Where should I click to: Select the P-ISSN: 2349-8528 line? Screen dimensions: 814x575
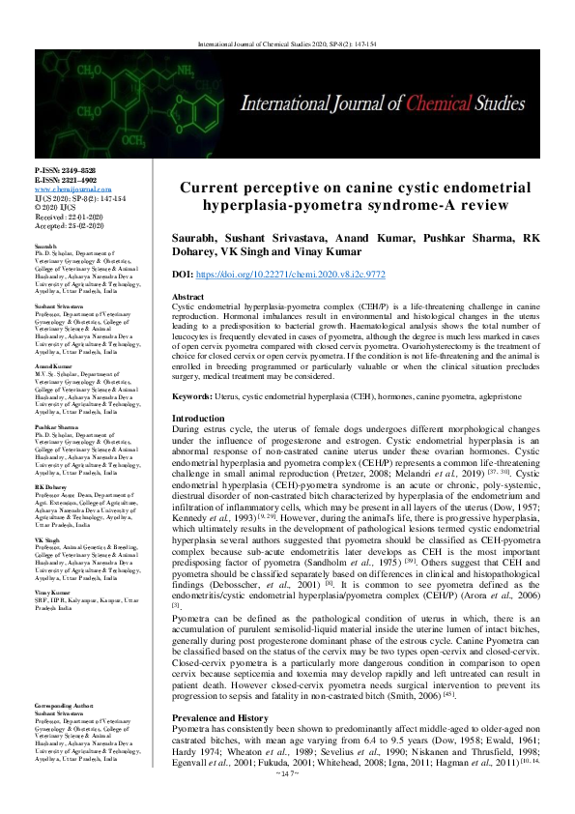coord(65,169)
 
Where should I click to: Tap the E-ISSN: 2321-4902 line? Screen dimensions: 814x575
coord(65,179)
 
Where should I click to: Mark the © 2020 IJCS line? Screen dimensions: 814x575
coord(53,207)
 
